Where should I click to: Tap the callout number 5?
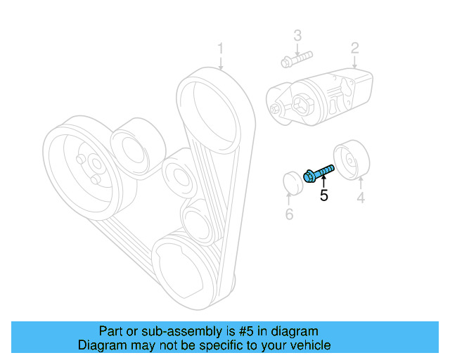click(x=323, y=196)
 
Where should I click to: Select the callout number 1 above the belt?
click(x=220, y=49)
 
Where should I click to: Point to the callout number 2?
click(x=355, y=48)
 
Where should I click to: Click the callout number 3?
click(x=297, y=36)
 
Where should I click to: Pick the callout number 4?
click(x=360, y=198)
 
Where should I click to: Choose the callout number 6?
click(x=289, y=214)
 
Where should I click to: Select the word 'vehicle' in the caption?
click(x=307, y=345)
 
